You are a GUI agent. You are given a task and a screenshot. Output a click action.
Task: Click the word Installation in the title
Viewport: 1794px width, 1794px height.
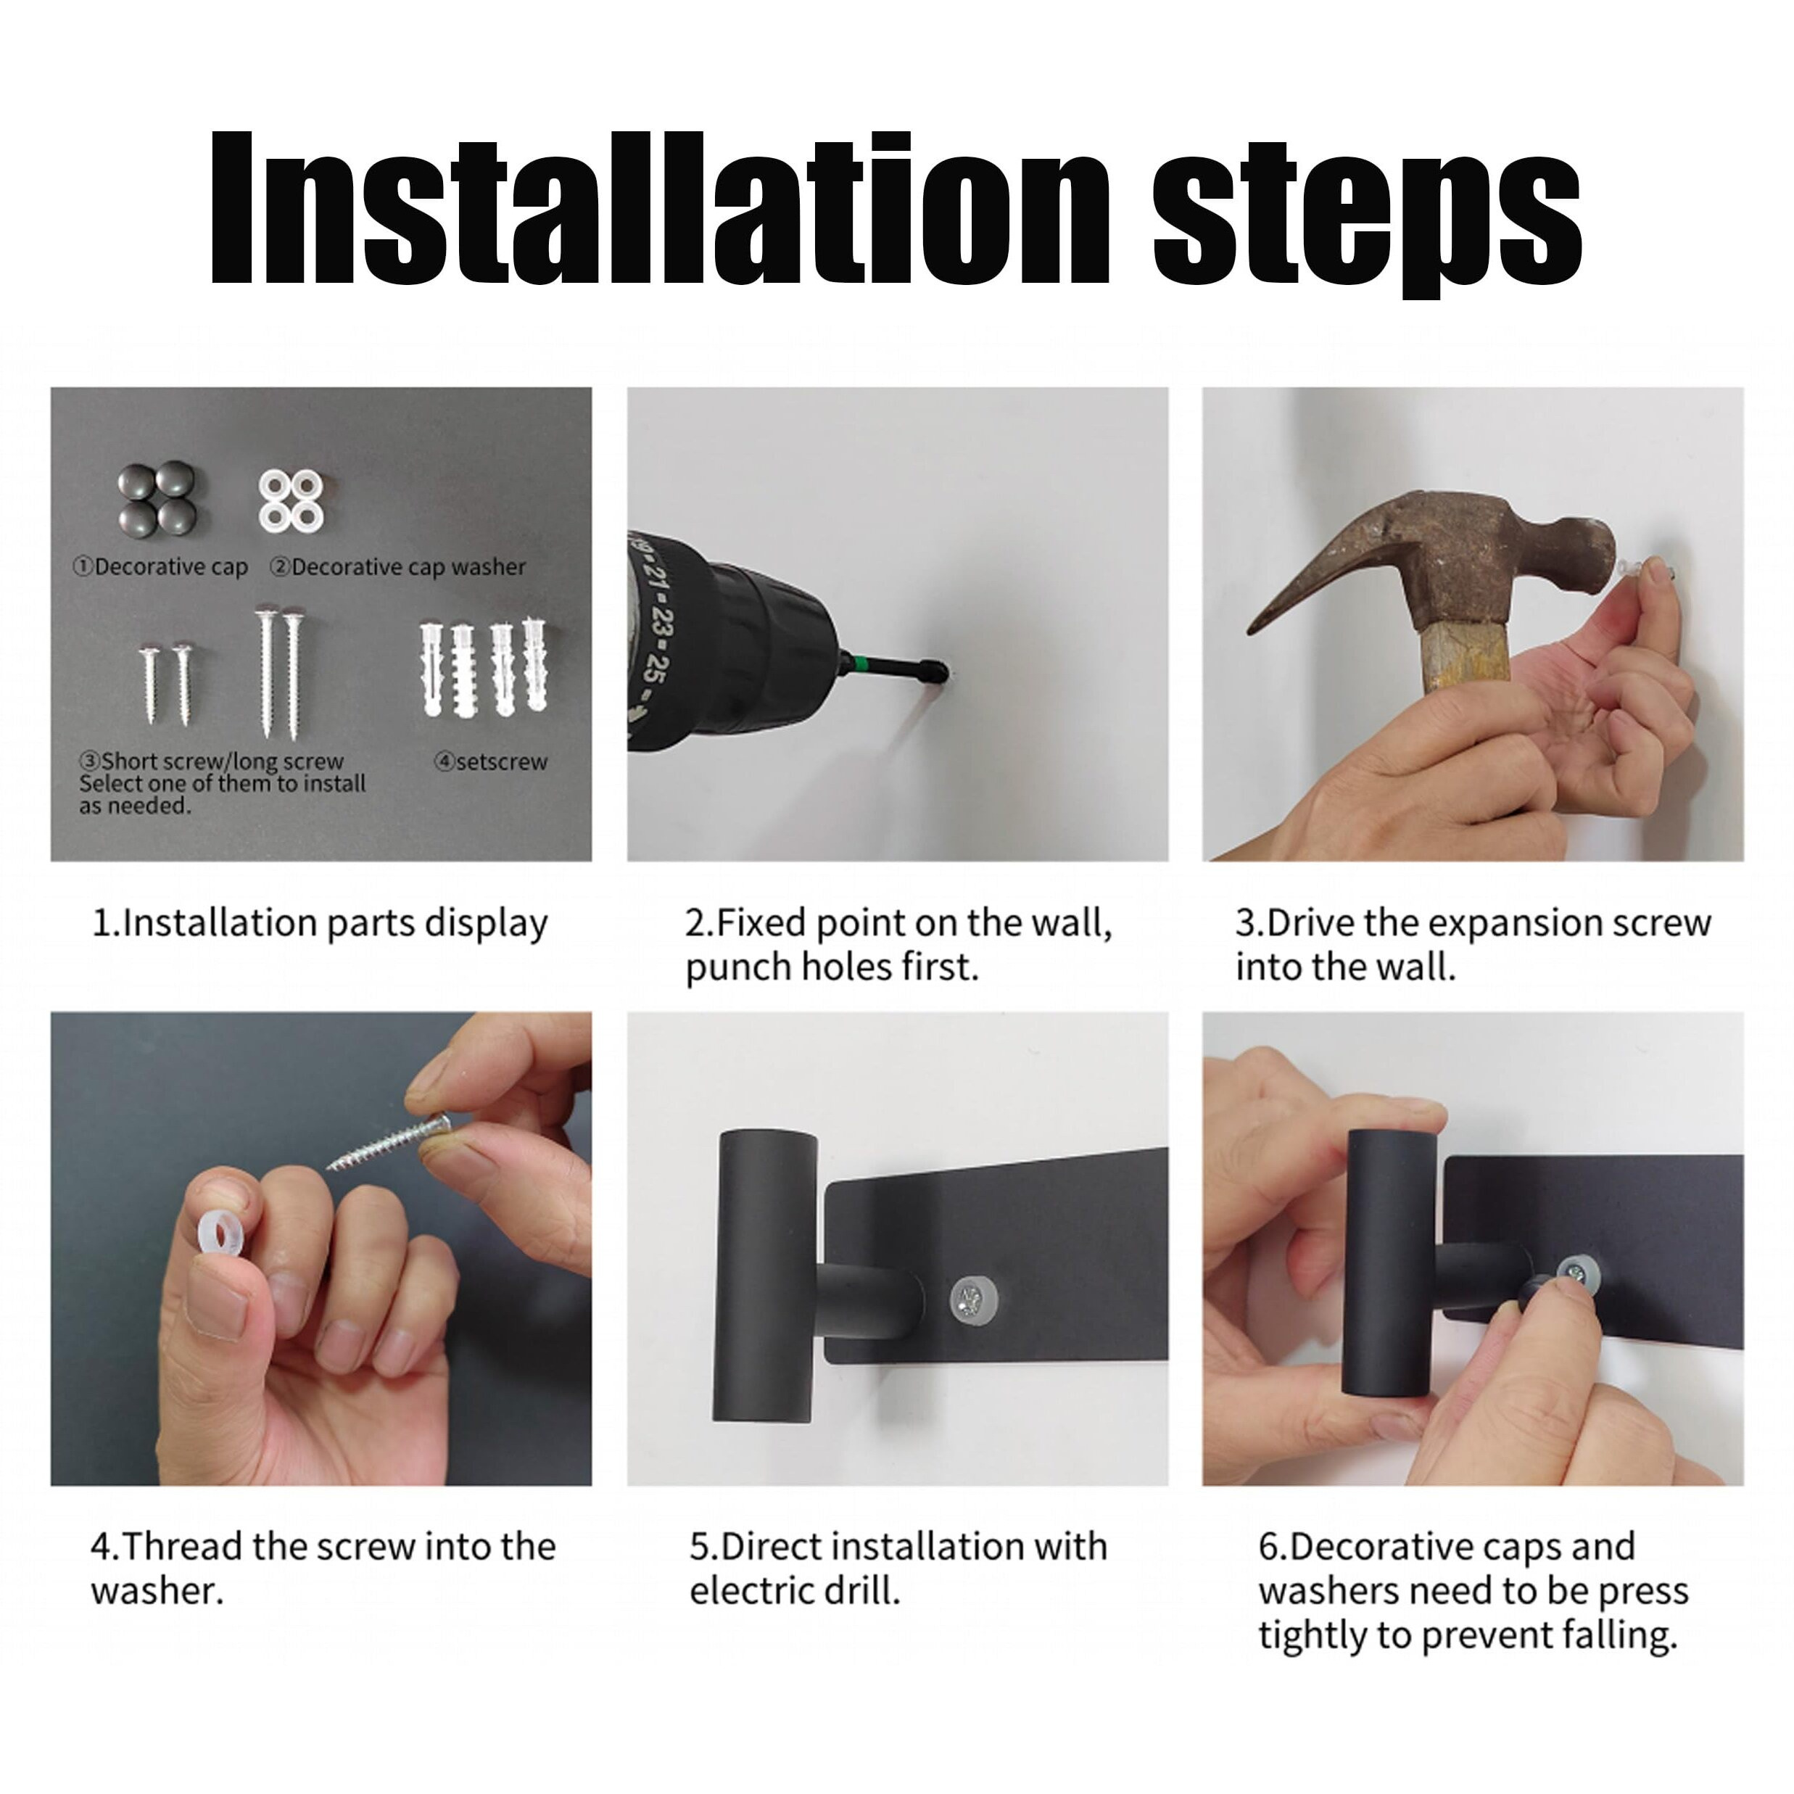pyautogui.click(x=659, y=209)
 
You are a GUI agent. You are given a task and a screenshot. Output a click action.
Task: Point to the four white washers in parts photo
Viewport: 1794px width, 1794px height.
pyautogui.click(x=292, y=500)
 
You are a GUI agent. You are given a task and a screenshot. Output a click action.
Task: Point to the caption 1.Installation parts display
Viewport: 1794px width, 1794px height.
pyautogui.click(x=321, y=923)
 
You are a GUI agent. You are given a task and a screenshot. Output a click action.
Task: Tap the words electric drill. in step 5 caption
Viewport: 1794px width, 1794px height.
pyautogui.click(x=795, y=1592)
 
